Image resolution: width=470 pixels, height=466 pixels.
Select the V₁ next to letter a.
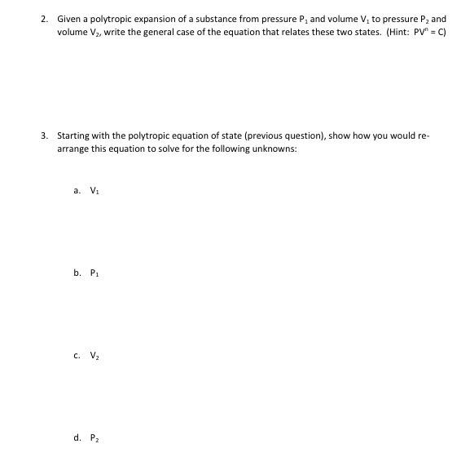pos(94,191)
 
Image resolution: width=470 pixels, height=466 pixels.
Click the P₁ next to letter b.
pos(94,273)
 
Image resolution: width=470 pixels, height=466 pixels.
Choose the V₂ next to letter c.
pos(94,356)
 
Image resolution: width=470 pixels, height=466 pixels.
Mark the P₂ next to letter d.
pos(94,438)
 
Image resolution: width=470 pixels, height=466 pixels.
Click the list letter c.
pos(77,356)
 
